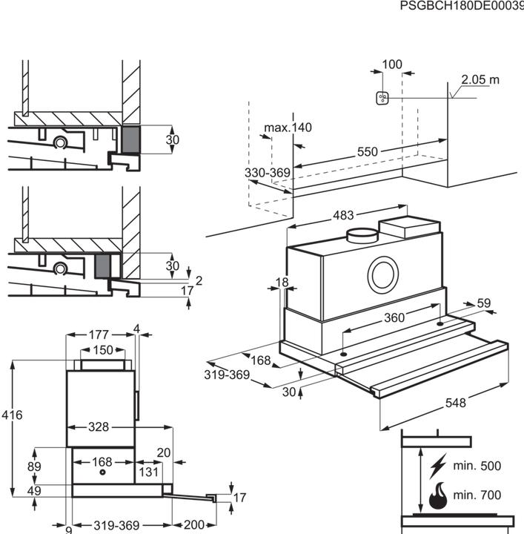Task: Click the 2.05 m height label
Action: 480,80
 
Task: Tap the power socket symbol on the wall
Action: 382,99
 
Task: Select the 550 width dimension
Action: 368,152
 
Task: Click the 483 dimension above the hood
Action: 342,216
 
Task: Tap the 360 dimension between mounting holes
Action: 394,317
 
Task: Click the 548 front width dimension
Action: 455,403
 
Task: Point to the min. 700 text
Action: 477,495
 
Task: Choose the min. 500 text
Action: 477,467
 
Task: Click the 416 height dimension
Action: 12,415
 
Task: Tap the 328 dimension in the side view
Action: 99,426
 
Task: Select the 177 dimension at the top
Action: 99,334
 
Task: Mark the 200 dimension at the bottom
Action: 193,525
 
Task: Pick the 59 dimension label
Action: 484,303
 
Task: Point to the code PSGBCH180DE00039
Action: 461,6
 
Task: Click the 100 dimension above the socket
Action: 392,65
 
